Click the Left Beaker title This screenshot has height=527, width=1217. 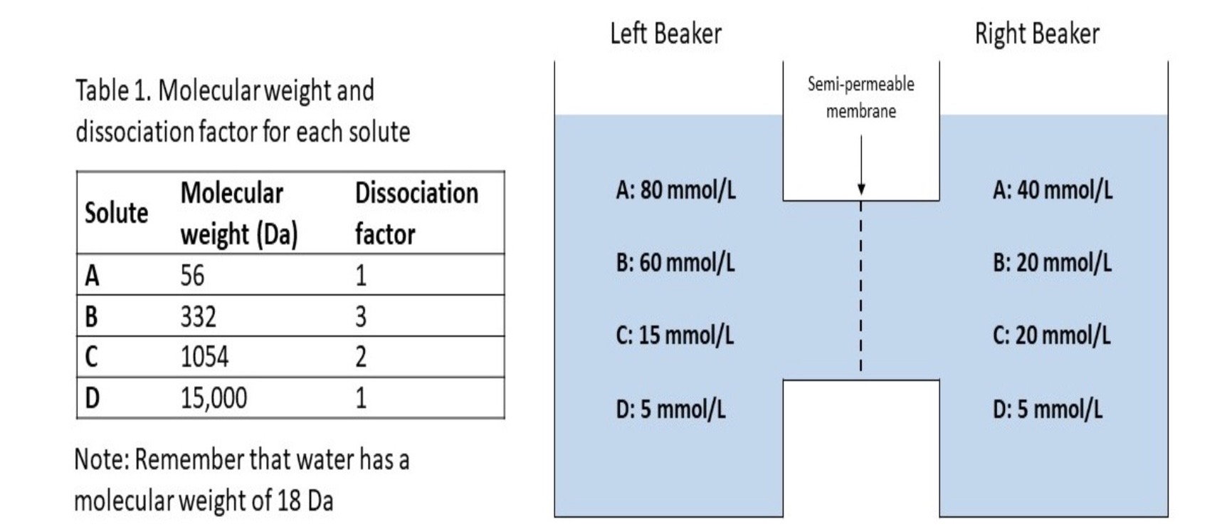[x=665, y=33]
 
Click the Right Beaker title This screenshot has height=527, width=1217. [x=1037, y=33]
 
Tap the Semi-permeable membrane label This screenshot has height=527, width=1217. [x=860, y=98]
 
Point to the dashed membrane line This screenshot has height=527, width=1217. [x=860, y=285]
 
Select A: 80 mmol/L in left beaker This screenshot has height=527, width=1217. [x=675, y=190]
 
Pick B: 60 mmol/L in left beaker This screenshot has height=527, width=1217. [x=675, y=263]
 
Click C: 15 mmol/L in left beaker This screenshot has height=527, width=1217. [x=674, y=335]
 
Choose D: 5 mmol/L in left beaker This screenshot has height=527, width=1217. [x=670, y=409]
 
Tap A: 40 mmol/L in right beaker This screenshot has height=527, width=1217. [x=1053, y=190]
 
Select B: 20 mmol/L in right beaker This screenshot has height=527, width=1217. [x=1052, y=263]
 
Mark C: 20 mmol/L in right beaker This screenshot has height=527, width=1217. [x=1051, y=335]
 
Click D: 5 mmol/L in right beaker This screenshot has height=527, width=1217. [x=1048, y=409]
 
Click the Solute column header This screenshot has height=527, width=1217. [x=116, y=213]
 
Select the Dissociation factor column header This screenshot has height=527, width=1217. [x=416, y=213]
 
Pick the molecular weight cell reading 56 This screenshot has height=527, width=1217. [x=192, y=276]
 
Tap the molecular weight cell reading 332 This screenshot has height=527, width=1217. [x=198, y=316]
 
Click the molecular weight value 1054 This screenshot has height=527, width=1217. [x=204, y=357]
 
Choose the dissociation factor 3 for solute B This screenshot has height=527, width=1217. [x=361, y=316]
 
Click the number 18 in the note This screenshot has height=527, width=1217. [x=288, y=501]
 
